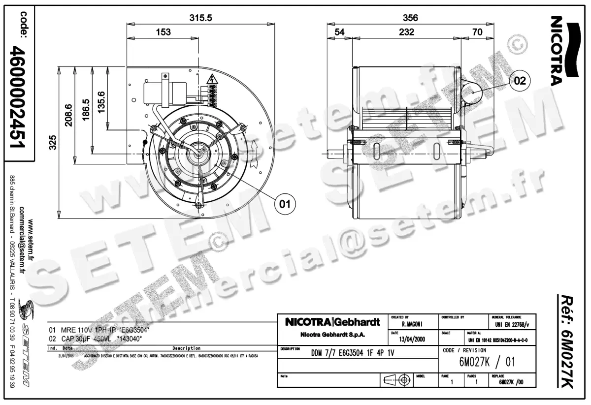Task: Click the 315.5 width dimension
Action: (x=201, y=17)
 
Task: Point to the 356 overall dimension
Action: (x=410, y=18)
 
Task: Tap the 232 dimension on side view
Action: (x=407, y=32)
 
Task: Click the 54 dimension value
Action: (x=340, y=32)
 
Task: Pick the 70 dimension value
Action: (x=477, y=32)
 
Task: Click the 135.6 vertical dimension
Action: (x=102, y=103)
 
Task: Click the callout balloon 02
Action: (x=521, y=81)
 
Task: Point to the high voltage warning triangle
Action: (x=212, y=79)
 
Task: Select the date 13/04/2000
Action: (x=412, y=339)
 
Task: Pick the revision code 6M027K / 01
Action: (x=487, y=362)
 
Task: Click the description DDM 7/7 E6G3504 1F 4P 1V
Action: (x=353, y=353)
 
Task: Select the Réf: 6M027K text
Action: (x=568, y=343)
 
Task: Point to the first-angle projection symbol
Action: (x=397, y=380)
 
